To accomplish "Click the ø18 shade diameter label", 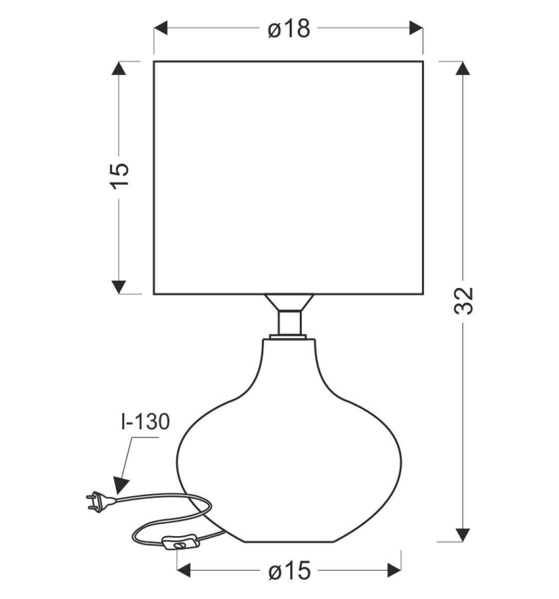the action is point(289,28).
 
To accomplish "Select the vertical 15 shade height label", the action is point(120,176).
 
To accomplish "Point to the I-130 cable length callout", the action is point(145,422).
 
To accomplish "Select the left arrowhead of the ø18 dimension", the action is point(160,28).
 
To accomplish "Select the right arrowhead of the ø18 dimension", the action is point(416,28).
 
